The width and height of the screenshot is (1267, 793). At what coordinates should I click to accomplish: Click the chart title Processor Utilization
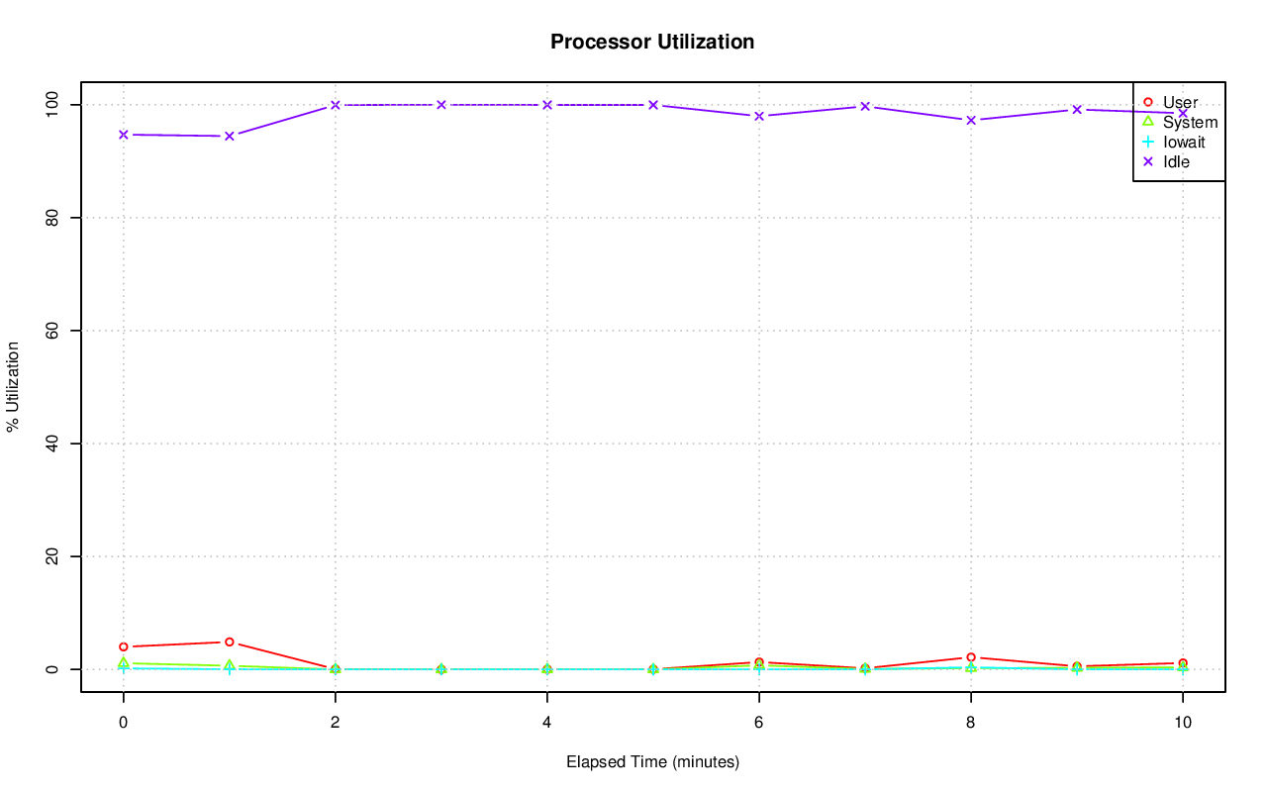pyautogui.click(x=652, y=42)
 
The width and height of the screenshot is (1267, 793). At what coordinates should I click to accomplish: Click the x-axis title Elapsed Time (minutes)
pyautogui.click(x=652, y=762)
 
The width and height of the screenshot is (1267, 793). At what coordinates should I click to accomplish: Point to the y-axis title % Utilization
pyautogui.click(x=13, y=386)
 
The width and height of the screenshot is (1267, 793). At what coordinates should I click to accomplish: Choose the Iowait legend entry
pyautogui.click(x=1184, y=142)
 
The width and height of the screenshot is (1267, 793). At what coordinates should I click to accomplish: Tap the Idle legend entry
pyautogui.click(x=1176, y=161)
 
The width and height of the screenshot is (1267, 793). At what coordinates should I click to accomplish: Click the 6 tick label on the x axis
pyautogui.click(x=758, y=723)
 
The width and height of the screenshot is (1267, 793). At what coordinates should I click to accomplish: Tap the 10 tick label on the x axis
pyautogui.click(x=1182, y=723)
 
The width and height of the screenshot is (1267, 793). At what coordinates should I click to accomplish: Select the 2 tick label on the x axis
pyautogui.click(x=336, y=723)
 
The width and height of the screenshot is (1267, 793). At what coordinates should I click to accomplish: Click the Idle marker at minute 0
pyautogui.click(x=124, y=135)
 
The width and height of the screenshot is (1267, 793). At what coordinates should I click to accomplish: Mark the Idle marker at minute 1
pyautogui.click(x=230, y=136)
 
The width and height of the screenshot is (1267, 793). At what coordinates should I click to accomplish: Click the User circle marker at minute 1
pyautogui.click(x=230, y=642)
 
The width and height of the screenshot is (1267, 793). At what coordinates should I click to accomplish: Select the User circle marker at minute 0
pyautogui.click(x=124, y=646)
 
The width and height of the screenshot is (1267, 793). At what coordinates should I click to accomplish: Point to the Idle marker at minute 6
pyautogui.click(x=759, y=116)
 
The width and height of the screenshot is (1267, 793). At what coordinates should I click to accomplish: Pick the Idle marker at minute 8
pyautogui.click(x=971, y=120)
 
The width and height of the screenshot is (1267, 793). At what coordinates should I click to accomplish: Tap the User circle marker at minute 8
pyautogui.click(x=971, y=657)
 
